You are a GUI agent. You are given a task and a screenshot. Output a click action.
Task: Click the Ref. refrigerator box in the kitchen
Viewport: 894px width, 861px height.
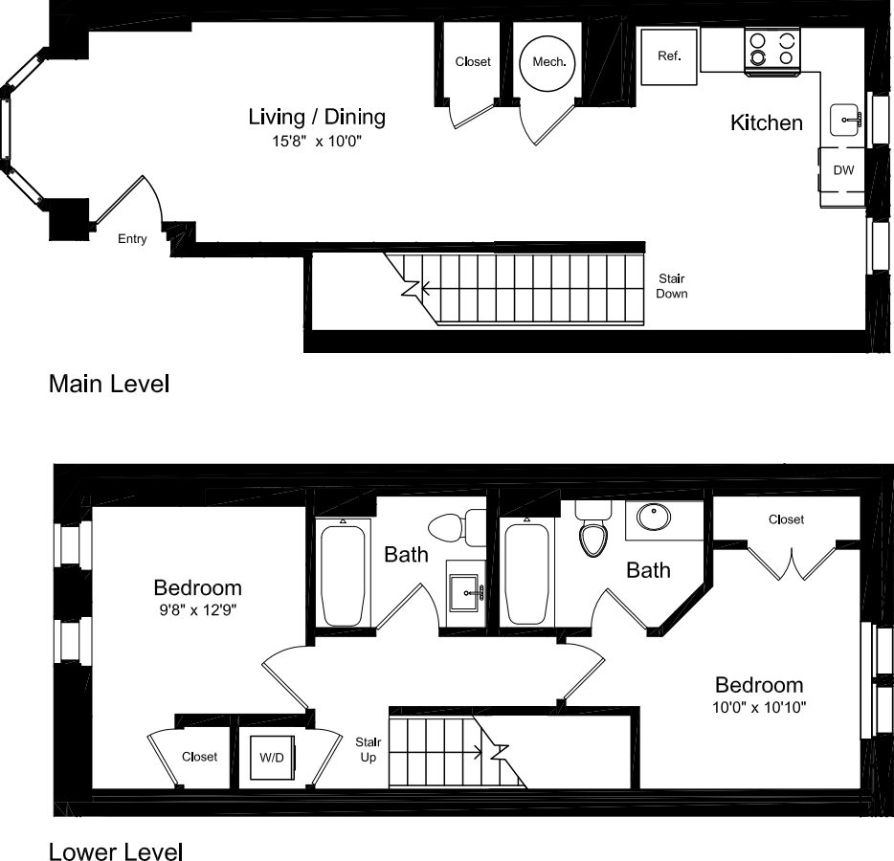(669, 56)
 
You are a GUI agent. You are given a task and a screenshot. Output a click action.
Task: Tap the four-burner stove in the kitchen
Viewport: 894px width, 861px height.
(772, 51)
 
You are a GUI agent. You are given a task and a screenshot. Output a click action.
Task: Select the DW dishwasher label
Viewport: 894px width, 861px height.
(843, 169)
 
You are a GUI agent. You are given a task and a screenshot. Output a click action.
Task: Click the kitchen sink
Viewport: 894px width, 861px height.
(845, 120)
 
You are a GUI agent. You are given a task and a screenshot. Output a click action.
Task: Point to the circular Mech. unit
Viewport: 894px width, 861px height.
(548, 63)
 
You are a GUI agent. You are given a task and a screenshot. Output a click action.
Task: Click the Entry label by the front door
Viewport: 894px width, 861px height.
(132, 239)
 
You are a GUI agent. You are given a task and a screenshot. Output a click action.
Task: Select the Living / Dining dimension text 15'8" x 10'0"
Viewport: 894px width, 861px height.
(317, 141)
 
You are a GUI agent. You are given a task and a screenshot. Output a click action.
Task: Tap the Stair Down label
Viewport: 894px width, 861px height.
(672, 286)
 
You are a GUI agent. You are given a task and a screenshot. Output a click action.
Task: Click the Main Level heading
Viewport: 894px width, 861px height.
(109, 384)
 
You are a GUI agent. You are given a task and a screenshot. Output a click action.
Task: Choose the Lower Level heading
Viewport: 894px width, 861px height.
(116, 850)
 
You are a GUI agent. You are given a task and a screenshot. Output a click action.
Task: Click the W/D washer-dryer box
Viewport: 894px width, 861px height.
(273, 758)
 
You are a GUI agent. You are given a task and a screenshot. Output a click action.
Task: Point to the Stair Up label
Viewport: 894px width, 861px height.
(368, 749)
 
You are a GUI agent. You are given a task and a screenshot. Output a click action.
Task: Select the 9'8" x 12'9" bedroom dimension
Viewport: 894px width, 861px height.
(198, 610)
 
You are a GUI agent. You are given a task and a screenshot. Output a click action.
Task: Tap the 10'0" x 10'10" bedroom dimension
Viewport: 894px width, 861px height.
(759, 707)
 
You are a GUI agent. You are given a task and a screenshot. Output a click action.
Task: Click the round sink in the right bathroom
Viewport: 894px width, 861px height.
(654, 517)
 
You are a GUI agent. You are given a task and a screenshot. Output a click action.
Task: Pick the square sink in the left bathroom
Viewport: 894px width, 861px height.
(465, 593)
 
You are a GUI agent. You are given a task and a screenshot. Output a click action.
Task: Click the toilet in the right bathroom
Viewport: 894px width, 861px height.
(593, 529)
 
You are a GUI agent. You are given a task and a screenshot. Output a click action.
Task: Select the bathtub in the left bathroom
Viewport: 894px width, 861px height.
(343, 576)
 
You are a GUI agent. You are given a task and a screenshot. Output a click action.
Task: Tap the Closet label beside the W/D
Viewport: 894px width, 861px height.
(199, 757)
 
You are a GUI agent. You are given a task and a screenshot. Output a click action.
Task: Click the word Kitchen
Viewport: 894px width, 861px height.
(767, 122)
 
